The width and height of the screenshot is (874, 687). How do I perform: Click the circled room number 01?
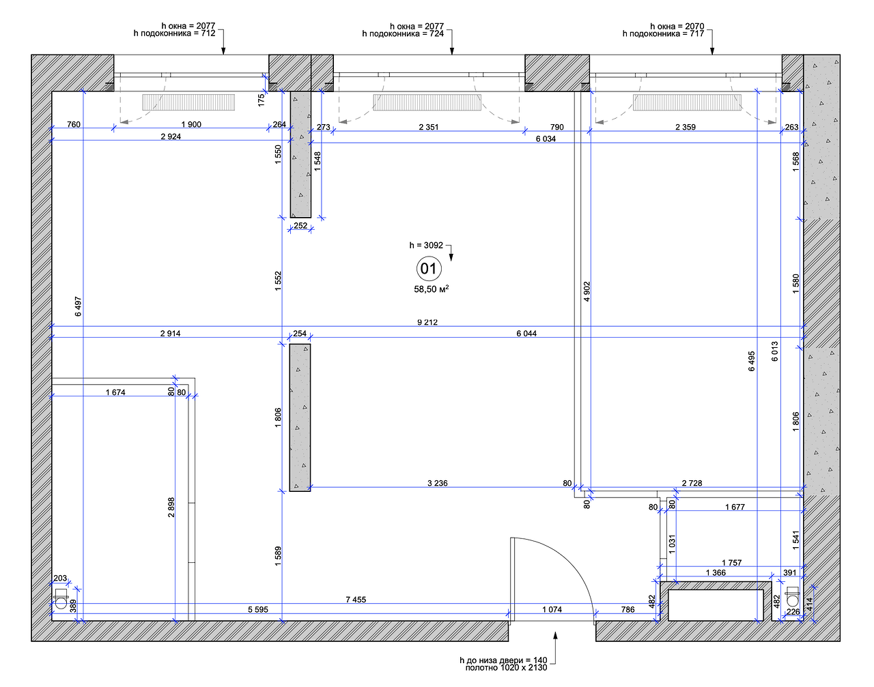tap(429, 269)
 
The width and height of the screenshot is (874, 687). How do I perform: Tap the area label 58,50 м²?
tap(432, 289)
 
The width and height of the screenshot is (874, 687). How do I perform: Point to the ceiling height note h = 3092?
tap(426, 245)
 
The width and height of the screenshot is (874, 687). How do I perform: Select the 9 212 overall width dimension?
tap(427, 322)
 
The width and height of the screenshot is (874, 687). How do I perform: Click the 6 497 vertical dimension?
tap(78, 306)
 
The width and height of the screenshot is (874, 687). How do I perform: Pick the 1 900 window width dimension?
tap(191, 124)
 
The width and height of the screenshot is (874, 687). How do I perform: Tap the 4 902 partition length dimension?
tap(587, 291)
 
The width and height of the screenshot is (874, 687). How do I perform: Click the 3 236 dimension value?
tap(438, 483)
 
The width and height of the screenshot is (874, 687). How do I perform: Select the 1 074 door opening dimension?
tap(552, 609)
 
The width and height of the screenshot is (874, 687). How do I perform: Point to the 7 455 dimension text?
tap(356, 600)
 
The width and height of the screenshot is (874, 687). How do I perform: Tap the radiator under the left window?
tap(188, 102)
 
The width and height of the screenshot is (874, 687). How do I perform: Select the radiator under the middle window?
tap(427, 102)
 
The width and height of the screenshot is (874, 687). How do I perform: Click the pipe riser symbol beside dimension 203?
tap(61, 599)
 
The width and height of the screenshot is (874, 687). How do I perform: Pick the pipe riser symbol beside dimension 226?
tap(792, 597)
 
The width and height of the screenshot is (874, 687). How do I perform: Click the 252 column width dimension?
tap(300, 226)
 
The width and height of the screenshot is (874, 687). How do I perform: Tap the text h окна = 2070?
tap(677, 26)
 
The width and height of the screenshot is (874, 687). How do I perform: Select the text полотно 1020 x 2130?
tap(506, 667)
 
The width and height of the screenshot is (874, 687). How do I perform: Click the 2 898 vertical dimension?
tap(171, 508)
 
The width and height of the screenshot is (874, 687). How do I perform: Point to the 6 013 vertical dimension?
tap(774, 351)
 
